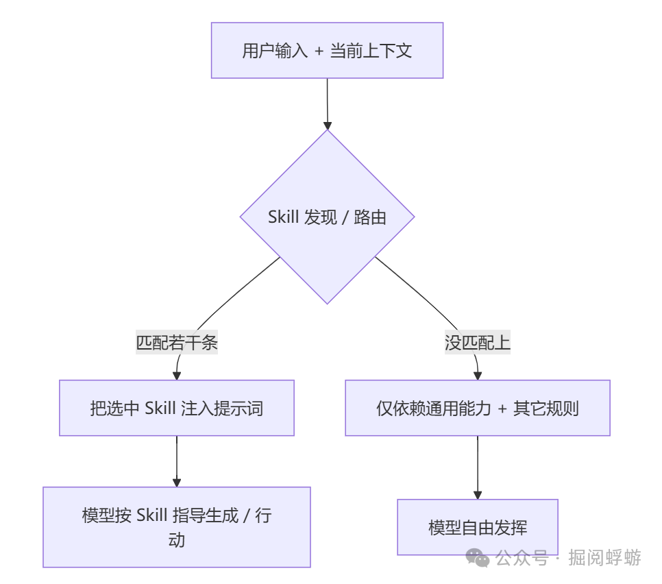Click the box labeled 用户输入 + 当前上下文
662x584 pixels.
tap(327, 50)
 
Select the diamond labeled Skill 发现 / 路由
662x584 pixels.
tap(327, 217)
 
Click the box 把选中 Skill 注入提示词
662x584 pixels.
tap(177, 408)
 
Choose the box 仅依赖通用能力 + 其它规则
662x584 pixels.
tap(478, 408)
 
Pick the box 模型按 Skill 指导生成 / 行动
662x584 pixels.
tap(177, 527)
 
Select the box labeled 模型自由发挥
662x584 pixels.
tap(478, 527)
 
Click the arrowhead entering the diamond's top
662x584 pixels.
tap(328, 125)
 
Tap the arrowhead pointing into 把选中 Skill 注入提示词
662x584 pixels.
tap(177, 375)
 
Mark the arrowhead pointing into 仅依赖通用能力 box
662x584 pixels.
tap(478, 375)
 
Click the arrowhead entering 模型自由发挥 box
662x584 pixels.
tap(478, 494)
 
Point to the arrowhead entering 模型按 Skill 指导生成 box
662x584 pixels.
tap(177, 482)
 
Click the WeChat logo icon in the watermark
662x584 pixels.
tap(478, 558)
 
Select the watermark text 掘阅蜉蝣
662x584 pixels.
tap(604, 558)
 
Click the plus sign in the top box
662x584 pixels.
tap(318, 51)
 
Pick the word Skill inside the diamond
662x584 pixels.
tap(283, 218)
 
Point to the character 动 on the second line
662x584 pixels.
tap(177, 539)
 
